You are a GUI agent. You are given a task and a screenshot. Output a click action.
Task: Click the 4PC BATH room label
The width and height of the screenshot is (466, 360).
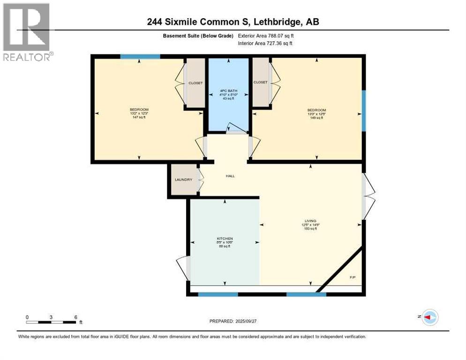(228, 90)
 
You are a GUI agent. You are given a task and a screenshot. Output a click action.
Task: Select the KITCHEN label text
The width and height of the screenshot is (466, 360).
(225, 239)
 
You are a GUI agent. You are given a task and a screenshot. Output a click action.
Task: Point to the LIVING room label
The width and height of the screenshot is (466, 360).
(310, 221)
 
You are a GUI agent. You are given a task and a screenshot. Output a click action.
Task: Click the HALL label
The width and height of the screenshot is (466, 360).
(230, 176)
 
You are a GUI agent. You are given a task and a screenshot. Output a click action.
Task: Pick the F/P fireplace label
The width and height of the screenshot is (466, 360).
(353, 277)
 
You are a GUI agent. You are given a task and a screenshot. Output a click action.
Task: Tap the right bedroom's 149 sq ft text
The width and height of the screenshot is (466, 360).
(316, 118)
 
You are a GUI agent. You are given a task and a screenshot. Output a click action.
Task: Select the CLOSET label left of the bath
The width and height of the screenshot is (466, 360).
(195, 83)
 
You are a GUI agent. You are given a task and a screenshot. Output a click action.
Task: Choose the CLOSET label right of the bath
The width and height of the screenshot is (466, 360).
(260, 82)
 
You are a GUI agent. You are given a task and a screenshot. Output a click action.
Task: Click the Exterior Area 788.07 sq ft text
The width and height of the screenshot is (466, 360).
(266, 36)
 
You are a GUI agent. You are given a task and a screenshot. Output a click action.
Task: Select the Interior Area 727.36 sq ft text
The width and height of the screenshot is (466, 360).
(265, 43)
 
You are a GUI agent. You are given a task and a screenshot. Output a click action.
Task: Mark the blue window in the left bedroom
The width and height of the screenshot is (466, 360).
(140, 57)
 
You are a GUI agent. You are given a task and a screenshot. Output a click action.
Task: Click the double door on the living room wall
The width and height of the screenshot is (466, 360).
(368, 196)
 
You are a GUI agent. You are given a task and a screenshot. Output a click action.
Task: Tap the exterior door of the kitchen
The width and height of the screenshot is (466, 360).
(183, 268)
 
